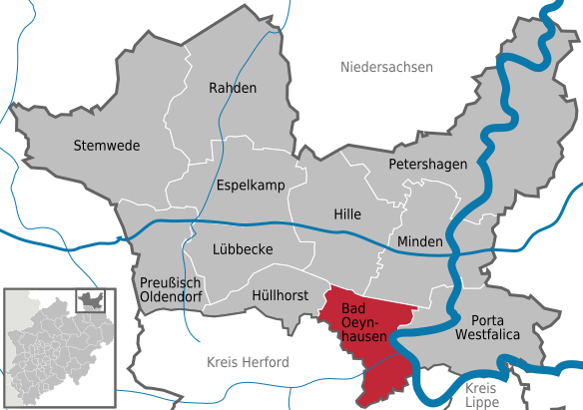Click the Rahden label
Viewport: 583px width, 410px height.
coord(232,88)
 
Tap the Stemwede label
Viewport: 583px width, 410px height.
coord(107,146)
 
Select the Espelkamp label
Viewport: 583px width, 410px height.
coord(251,186)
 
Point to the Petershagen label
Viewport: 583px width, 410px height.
coord(427,163)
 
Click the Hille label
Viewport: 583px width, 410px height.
coord(346,214)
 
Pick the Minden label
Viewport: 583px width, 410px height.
coord(418,242)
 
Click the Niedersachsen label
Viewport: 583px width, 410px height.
coord(386,68)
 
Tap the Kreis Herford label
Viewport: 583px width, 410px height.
coord(247,360)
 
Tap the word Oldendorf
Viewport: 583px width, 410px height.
coord(168,296)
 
